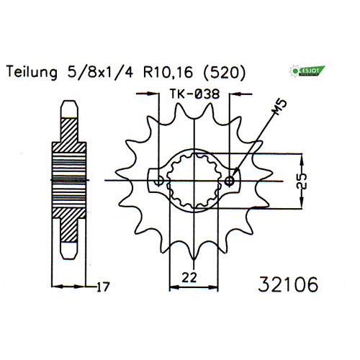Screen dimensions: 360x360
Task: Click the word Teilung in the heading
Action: (x=32, y=72)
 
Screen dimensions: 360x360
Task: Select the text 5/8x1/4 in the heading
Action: (x=100, y=72)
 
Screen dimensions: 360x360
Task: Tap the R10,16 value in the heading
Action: (x=168, y=72)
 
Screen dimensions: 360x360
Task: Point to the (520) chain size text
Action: (x=225, y=73)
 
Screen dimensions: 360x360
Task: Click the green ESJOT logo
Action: (x=307, y=71)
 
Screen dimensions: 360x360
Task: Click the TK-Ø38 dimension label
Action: (x=194, y=94)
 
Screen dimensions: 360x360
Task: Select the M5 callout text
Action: (x=279, y=107)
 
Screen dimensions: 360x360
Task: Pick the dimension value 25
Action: (x=302, y=181)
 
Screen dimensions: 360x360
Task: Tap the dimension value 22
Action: (x=189, y=277)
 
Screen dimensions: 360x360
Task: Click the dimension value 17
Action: (x=103, y=287)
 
